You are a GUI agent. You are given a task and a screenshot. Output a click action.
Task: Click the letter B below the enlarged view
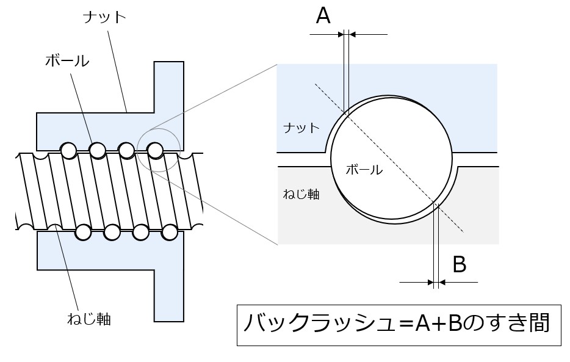(x=460, y=264)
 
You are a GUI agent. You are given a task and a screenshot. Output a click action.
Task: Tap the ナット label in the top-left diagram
(x=104, y=17)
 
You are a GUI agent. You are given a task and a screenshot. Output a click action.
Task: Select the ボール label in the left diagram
(x=67, y=61)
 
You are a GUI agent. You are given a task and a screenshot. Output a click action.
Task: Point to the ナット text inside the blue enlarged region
(x=301, y=128)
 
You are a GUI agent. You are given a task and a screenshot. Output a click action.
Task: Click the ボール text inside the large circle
(x=364, y=170)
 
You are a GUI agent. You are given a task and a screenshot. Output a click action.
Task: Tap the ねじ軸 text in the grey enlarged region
(x=301, y=195)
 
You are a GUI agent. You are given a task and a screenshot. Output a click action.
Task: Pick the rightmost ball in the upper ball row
(x=155, y=149)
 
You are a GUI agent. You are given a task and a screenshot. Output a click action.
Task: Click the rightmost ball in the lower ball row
(x=170, y=232)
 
